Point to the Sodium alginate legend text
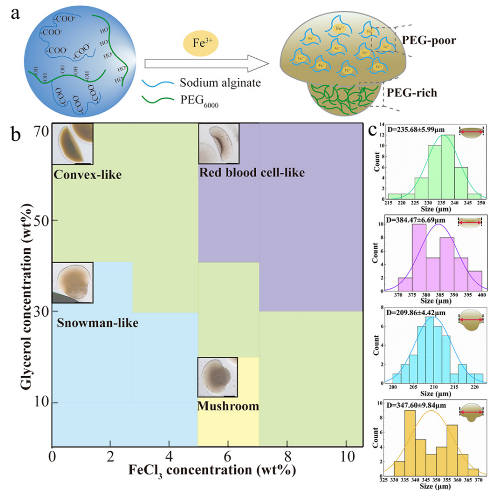pyautogui.click(x=220, y=83)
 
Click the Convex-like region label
pyautogui.click(x=87, y=174)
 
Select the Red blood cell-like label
pyautogui.click(x=252, y=172)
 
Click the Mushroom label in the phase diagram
pyautogui.click(x=228, y=406)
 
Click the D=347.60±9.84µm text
pyautogui.click(x=416, y=405)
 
